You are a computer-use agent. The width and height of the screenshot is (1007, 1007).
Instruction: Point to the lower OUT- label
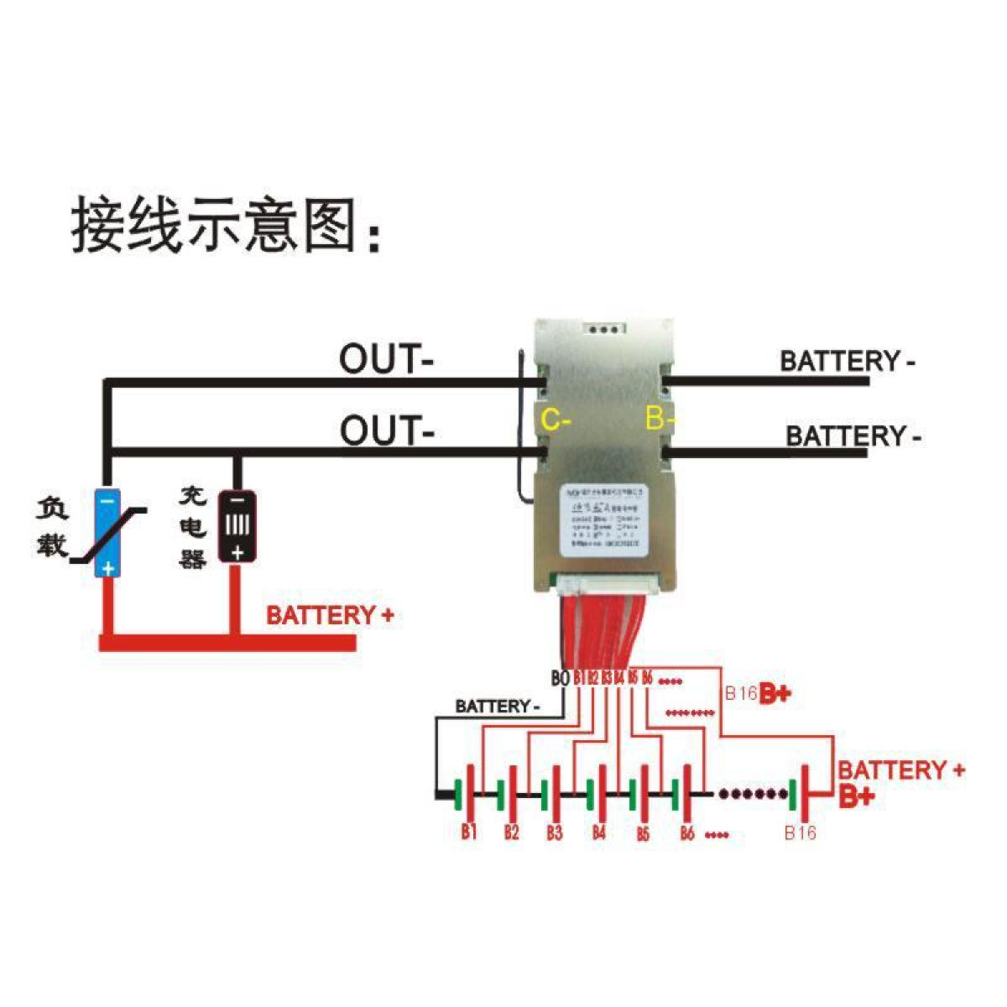pyautogui.click(x=387, y=431)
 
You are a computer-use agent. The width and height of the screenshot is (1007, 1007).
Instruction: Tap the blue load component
pyautogui.click(x=107, y=533)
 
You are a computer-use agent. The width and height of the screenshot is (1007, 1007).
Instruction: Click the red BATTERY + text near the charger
pyautogui.click(x=330, y=615)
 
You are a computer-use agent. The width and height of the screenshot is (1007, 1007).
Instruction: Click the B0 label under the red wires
pyautogui.click(x=560, y=678)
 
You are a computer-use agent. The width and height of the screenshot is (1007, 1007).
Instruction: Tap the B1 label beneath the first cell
pyautogui.click(x=468, y=832)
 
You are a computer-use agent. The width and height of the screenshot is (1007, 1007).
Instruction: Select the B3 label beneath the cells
pyautogui.click(x=554, y=833)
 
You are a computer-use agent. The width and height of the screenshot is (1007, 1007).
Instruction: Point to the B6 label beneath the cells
pyautogui.click(x=687, y=833)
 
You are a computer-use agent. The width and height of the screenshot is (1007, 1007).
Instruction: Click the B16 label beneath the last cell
pyautogui.click(x=800, y=833)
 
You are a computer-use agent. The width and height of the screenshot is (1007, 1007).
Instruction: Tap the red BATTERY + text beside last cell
pyautogui.click(x=901, y=770)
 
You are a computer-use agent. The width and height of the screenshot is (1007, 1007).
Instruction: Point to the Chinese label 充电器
pyautogui.click(x=192, y=528)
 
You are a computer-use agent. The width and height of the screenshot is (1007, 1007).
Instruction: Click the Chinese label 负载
pyautogui.click(x=51, y=528)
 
